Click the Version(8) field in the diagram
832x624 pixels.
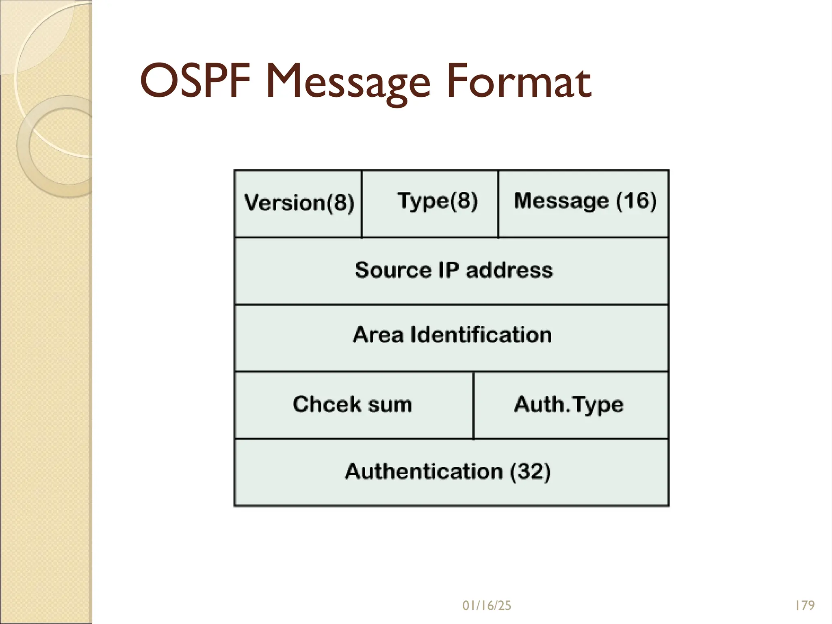299,203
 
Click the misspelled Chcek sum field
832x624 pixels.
353,405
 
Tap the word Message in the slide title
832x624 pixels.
349,83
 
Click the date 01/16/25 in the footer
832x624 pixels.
487,606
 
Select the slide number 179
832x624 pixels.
805,606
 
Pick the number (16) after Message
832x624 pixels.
636,201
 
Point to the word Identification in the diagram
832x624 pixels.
481,335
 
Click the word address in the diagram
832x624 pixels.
509,270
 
